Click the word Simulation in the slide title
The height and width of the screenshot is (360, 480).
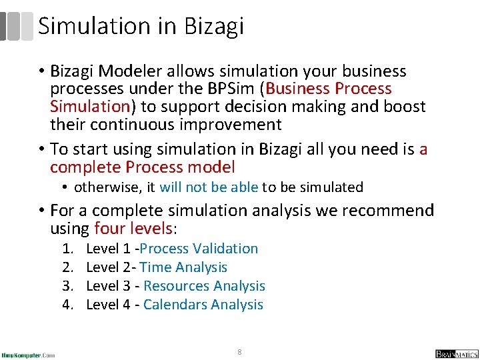pos(94,26)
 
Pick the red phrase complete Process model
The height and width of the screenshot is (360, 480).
pos(142,167)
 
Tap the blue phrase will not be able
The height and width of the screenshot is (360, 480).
pos(209,187)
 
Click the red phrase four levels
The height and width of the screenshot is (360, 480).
pos(134,229)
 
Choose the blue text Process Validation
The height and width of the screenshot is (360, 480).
pos(199,249)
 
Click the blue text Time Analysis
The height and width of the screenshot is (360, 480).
pos(183,267)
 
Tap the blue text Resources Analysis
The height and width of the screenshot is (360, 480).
pos(204,286)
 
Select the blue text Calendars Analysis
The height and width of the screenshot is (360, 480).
pos(203,305)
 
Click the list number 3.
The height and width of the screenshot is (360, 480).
pos(67,286)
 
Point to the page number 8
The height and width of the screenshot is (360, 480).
pos(239,351)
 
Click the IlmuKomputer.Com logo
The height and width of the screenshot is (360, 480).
pos(28,354)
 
